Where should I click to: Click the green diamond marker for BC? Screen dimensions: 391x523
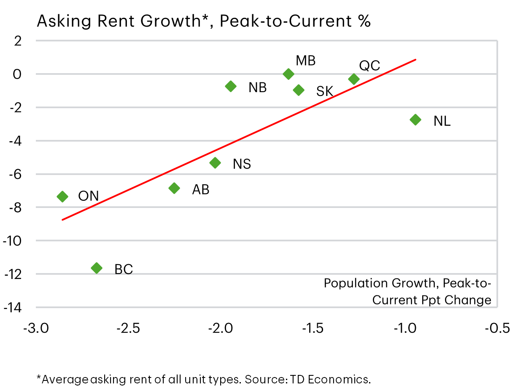pos(97,268)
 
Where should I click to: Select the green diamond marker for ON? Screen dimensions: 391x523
pos(62,196)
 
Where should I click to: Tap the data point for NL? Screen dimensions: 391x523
pos(415,120)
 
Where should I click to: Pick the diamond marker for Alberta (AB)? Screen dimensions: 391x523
pos(174,188)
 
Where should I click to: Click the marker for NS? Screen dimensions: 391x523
pos(215,163)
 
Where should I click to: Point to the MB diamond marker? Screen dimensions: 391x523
pos(288,74)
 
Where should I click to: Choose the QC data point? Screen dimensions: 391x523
pos(354,79)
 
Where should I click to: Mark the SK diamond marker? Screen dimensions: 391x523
pos(299,90)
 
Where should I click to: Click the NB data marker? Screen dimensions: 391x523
pos(231,86)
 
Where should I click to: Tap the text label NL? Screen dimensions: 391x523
pos(442,121)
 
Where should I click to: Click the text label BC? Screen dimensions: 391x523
pos(124,269)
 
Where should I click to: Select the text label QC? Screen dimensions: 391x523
pos(369,66)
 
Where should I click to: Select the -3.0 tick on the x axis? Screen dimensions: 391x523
pos(36,328)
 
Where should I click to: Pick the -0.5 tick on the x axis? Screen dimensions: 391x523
pos(498,328)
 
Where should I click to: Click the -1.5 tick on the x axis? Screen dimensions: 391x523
pos(313,328)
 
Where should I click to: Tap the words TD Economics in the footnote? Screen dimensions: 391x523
pos(329,380)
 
